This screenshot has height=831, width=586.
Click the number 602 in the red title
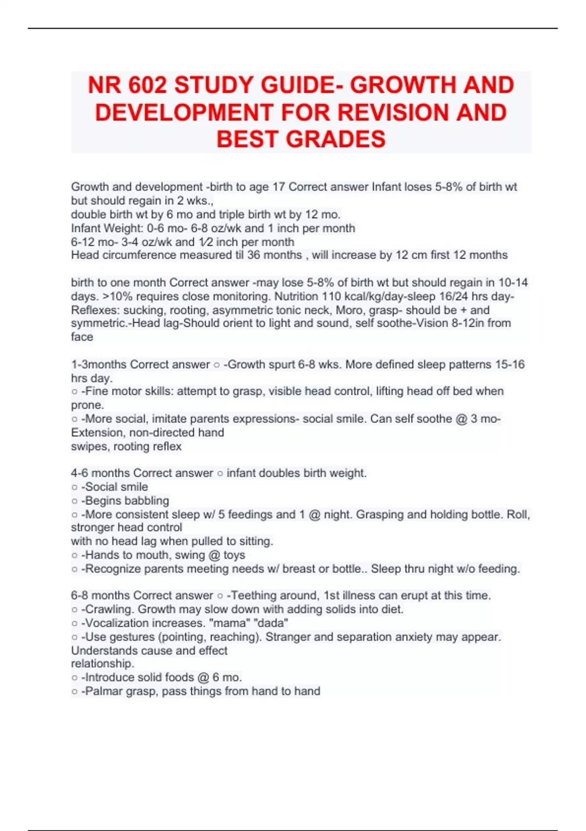(147, 85)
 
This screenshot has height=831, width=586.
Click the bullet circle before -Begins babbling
(75, 501)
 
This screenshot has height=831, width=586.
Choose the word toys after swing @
(234, 555)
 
